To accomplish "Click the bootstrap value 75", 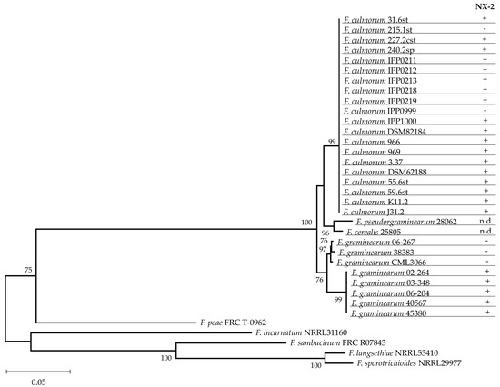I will click(28, 270).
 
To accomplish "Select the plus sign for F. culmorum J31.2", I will click(485, 211).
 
